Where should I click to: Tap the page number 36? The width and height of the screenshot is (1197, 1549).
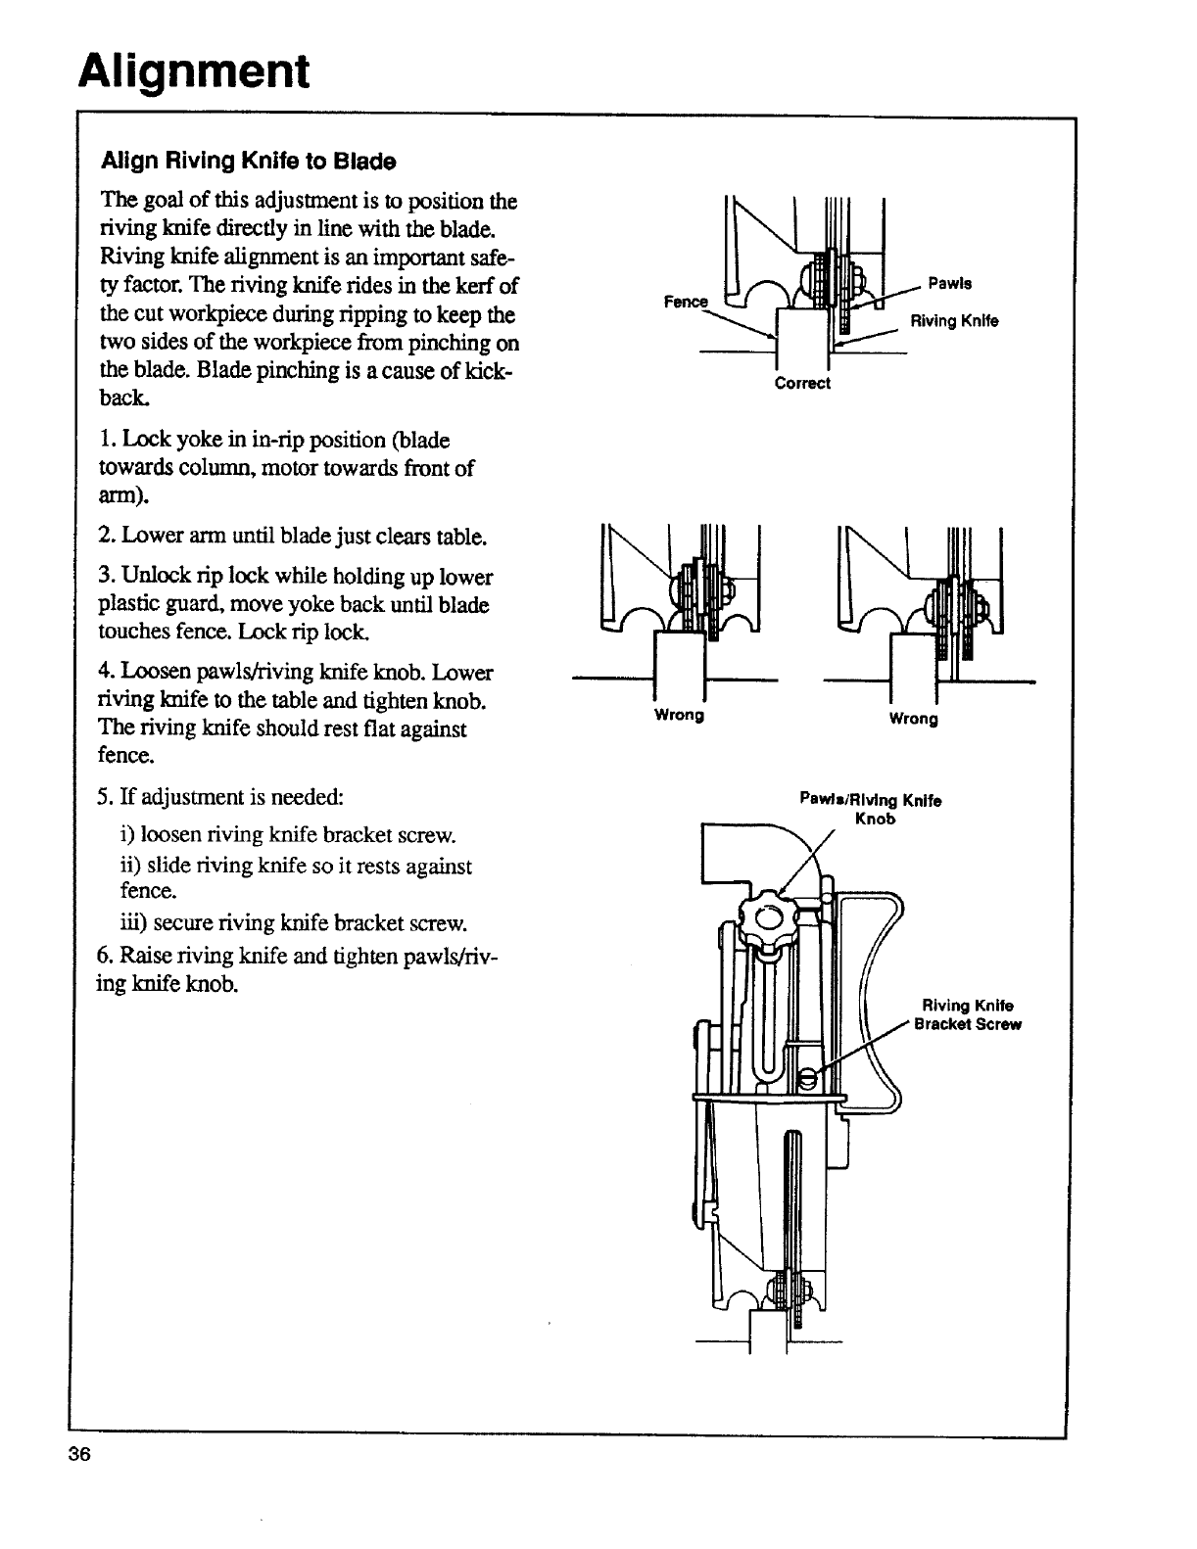pos(79,1454)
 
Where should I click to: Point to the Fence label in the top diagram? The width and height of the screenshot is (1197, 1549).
pos(685,302)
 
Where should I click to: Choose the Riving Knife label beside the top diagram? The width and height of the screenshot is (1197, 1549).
pos(954,320)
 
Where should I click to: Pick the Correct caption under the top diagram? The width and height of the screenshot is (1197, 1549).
pos(802,383)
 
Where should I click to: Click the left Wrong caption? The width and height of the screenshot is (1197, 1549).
pos(679,715)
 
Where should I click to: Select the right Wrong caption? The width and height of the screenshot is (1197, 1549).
pos(913,720)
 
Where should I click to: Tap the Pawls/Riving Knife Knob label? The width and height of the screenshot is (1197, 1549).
pos(871,809)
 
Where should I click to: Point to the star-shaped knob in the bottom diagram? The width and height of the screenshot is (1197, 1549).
pos(768,916)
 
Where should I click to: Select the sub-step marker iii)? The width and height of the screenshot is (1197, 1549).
pos(131,922)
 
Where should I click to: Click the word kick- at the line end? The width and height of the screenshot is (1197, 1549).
pos(496,371)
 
